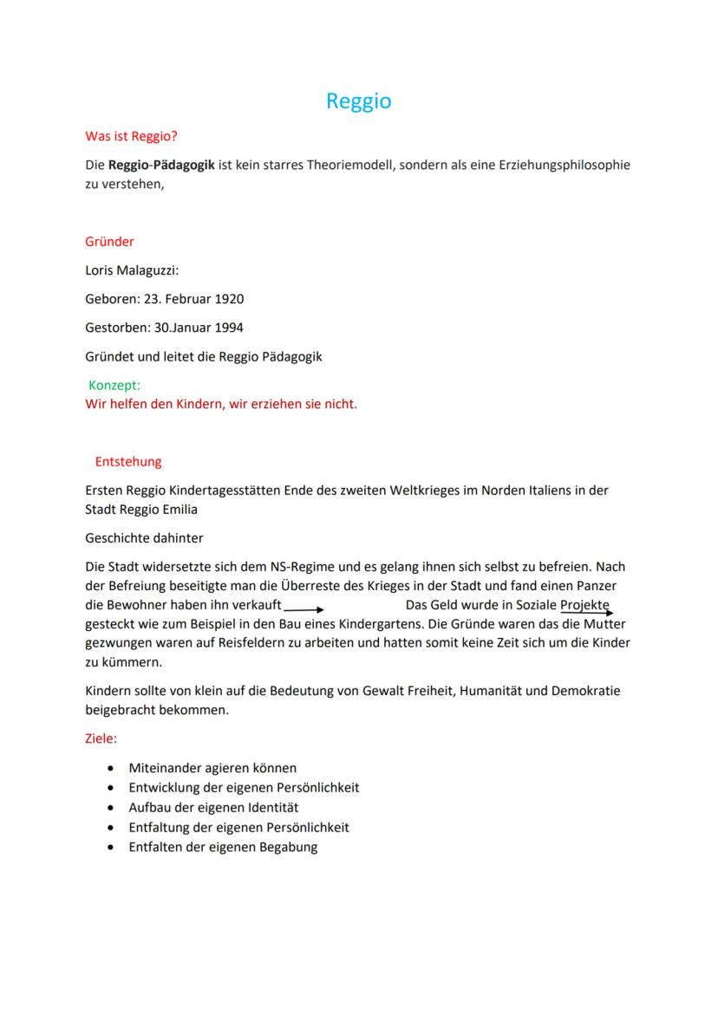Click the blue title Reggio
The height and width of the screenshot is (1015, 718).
[358, 101]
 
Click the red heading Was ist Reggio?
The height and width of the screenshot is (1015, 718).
[131, 136]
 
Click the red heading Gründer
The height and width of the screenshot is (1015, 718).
[109, 242]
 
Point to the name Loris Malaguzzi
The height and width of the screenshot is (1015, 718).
[131, 270]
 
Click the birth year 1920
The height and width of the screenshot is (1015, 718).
[228, 299]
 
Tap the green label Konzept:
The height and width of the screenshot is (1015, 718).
[114, 386]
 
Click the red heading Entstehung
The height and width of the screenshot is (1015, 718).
[128, 462]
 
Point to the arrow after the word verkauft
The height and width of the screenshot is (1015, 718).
[304, 609]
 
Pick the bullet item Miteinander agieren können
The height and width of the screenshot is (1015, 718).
[212, 768]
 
